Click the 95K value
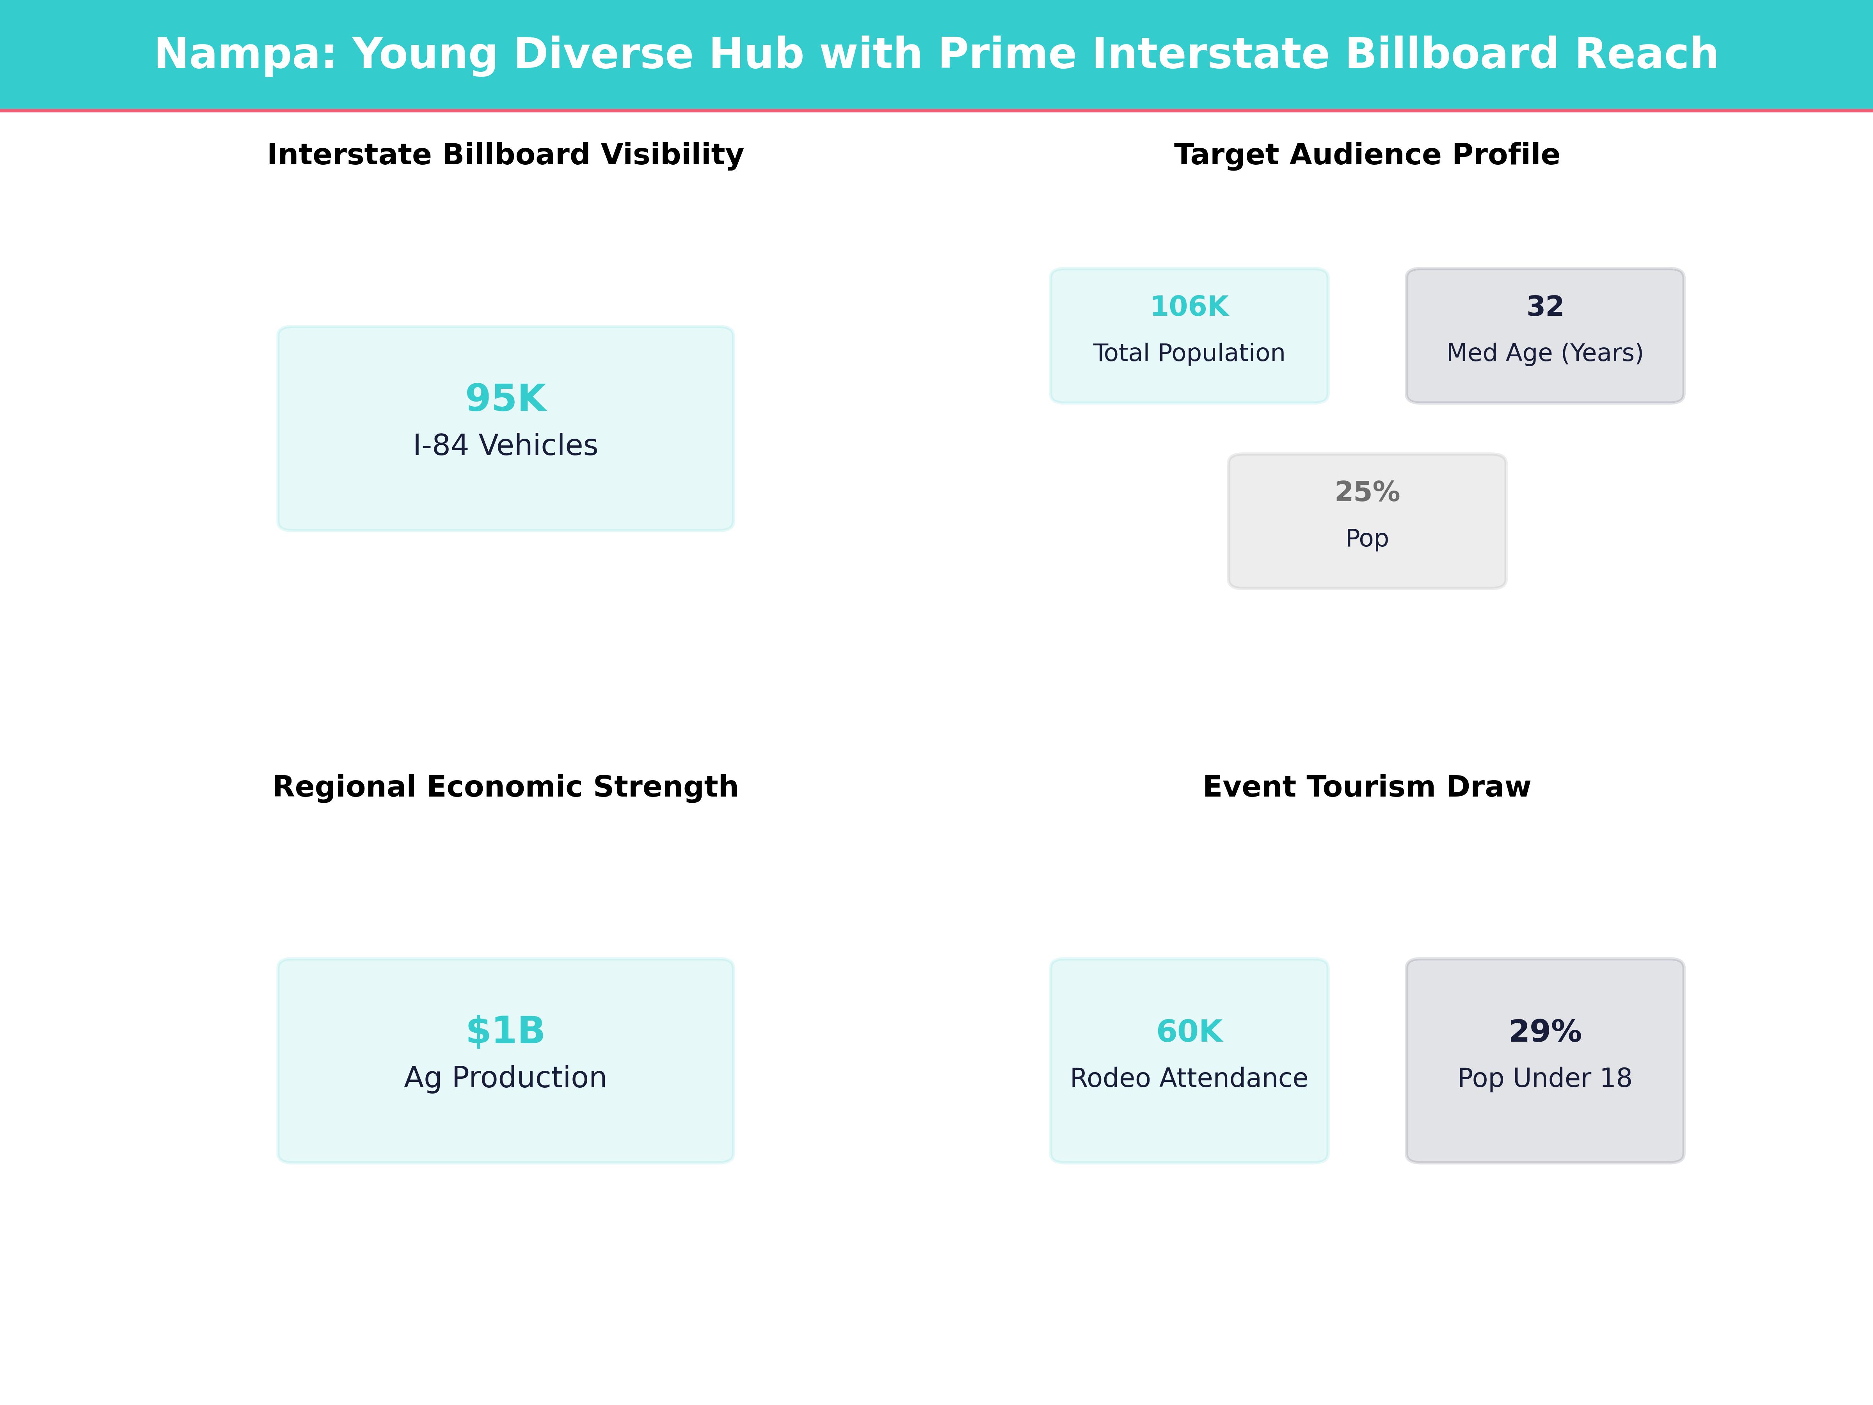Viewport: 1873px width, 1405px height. coord(505,398)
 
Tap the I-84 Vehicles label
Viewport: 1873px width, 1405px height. coord(505,445)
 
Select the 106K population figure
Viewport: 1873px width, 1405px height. coord(1189,307)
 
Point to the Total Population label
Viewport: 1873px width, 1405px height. coord(1189,353)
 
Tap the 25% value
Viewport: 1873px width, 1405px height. coord(1367,492)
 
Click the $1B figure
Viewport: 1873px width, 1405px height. coord(505,1031)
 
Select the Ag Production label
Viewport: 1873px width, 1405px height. coord(505,1078)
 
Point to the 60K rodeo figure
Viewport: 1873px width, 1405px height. coord(1189,1032)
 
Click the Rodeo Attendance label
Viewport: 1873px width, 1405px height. coord(1189,1078)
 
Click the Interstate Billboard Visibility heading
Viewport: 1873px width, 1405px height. coord(505,155)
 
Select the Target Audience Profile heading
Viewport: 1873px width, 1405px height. coord(1367,155)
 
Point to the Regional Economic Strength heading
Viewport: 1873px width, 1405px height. coord(505,787)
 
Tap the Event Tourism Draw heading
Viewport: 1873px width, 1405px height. coord(1367,787)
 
